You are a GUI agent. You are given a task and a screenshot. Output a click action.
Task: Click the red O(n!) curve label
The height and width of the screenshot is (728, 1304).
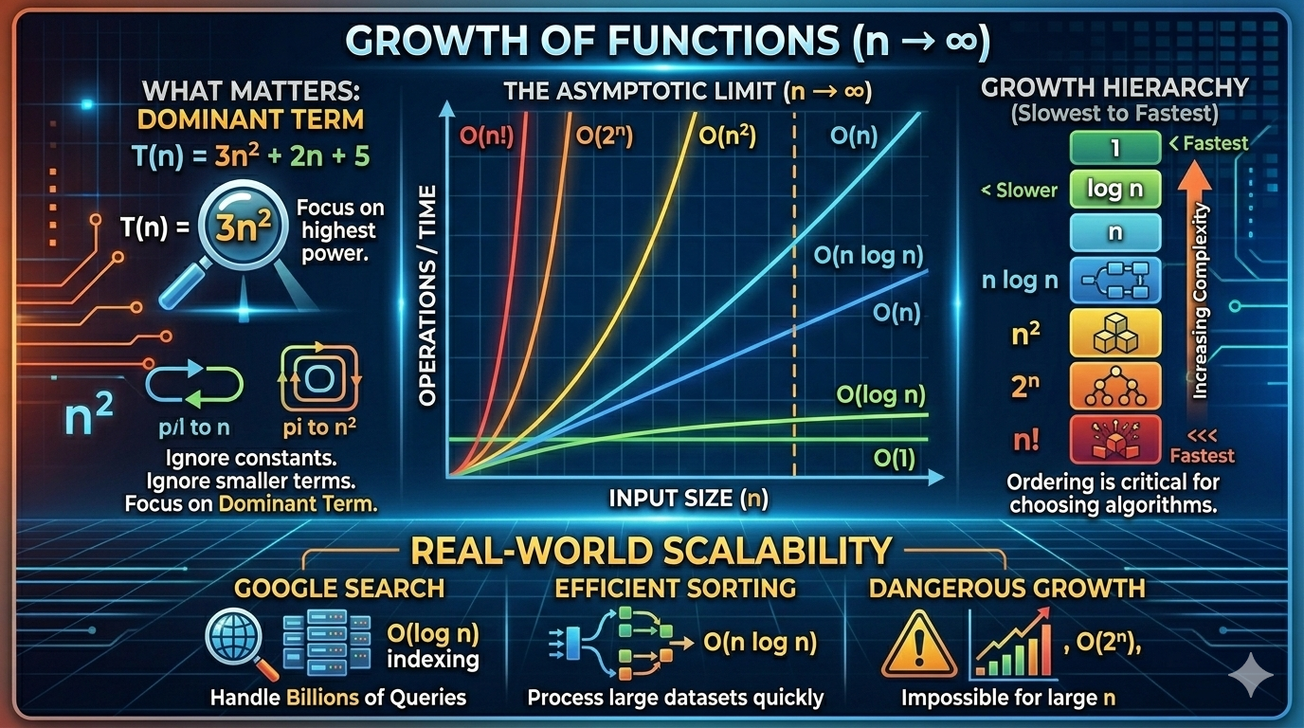point(487,136)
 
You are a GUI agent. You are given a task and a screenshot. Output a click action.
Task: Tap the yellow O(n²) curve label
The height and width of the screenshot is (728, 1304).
point(727,136)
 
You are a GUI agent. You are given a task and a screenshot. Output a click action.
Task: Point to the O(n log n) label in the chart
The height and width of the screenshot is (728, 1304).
point(868,255)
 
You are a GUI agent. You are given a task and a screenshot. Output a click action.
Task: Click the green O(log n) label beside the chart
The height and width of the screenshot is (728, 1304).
point(881,394)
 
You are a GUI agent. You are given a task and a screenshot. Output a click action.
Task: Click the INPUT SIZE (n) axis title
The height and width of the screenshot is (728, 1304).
point(689,498)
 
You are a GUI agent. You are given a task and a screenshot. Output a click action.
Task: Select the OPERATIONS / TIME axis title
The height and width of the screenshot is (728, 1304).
point(427,295)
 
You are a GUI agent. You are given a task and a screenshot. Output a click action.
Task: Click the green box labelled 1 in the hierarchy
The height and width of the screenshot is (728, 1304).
point(1114,148)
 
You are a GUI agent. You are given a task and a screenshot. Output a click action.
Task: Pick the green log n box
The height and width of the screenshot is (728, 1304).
point(1114,189)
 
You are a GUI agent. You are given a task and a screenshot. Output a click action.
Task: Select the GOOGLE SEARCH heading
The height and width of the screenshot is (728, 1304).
point(339,588)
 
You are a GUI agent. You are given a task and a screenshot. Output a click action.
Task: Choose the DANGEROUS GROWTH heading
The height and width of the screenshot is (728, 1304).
point(1006,588)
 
